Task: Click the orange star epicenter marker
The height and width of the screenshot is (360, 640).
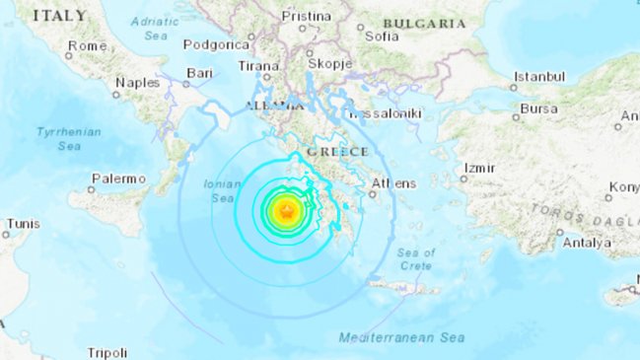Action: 286,210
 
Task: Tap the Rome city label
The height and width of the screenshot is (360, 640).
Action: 87,46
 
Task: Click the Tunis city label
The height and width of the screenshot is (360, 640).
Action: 23,224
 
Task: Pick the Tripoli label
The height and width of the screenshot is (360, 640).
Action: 107,352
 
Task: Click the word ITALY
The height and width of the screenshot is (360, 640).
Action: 58,16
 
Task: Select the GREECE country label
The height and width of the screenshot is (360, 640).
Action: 336,152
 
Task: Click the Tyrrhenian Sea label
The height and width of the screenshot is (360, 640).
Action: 58,138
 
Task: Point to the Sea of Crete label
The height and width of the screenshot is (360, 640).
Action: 416,260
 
